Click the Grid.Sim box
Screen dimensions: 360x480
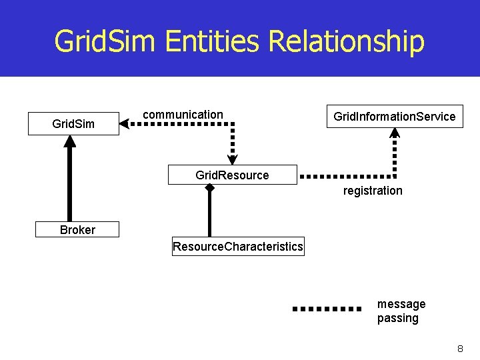click(73, 124)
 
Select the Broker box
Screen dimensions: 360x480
click(77, 230)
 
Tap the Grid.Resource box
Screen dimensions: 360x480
click(232, 175)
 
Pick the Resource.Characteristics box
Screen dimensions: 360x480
click(237, 247)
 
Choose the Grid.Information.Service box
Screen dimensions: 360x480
click(395, 117)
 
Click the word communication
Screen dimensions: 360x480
click(183, 115)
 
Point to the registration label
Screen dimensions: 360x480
click(373, 191)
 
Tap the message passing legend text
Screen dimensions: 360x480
click(401, 311)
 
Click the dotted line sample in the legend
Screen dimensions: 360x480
click(327, 309)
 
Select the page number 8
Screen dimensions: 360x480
click(460, 349)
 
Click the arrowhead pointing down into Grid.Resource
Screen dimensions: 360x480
click(232, 159)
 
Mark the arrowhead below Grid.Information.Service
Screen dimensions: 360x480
click(395, 132)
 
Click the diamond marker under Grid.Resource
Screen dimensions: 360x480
click(209, 188)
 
